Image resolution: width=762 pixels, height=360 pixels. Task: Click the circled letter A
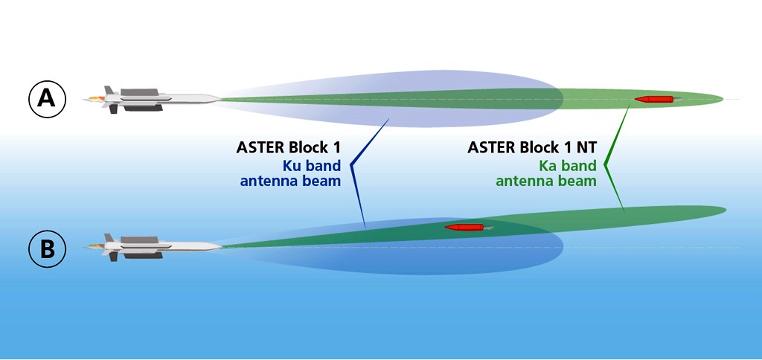coord(47,99)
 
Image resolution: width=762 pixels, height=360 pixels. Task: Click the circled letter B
coord(47,248)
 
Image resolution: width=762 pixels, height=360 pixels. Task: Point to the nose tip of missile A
coord(222,99)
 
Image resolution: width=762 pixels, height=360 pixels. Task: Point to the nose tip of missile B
coord(222,247)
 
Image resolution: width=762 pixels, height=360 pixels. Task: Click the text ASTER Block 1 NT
coord(531,147)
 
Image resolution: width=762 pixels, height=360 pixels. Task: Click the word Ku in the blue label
coord(292,166)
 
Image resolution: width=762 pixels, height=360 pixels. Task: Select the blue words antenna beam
coord(290,181)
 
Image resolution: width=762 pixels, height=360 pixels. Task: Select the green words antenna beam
coord(545,181)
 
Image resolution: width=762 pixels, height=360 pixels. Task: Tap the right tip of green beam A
coord(723,99)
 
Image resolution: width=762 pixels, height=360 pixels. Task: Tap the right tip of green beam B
coord(726,210)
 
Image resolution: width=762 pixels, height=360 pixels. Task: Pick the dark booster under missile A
coord(143,108)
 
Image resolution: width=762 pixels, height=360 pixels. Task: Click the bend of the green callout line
coord(605,165)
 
